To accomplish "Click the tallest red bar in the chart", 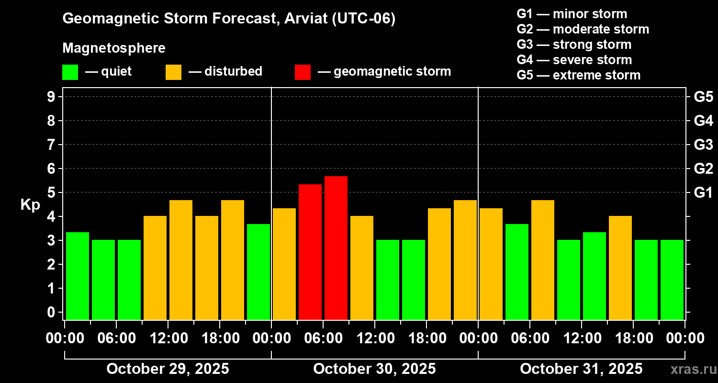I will coord(336,248).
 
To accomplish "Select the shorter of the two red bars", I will coord(310,252).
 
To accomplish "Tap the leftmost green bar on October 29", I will coord(78,276).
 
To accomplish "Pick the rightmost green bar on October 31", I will coord(672,280).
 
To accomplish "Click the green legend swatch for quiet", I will coord(70,72).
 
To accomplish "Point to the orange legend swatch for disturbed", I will coord(173,72).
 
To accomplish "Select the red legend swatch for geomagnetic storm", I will coord(303,72).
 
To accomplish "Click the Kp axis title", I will coord(30,205).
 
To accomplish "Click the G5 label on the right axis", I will coord(703,97).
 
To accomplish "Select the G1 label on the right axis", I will coord(703,193).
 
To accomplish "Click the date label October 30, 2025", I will coord(374,369).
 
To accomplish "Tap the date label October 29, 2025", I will coord(168,369).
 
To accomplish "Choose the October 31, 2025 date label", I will coord(581,369).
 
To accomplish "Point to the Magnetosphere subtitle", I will coord(114,48).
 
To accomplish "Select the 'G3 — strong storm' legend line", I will coord(574,45).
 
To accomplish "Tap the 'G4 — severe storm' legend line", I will coord(574,60).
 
